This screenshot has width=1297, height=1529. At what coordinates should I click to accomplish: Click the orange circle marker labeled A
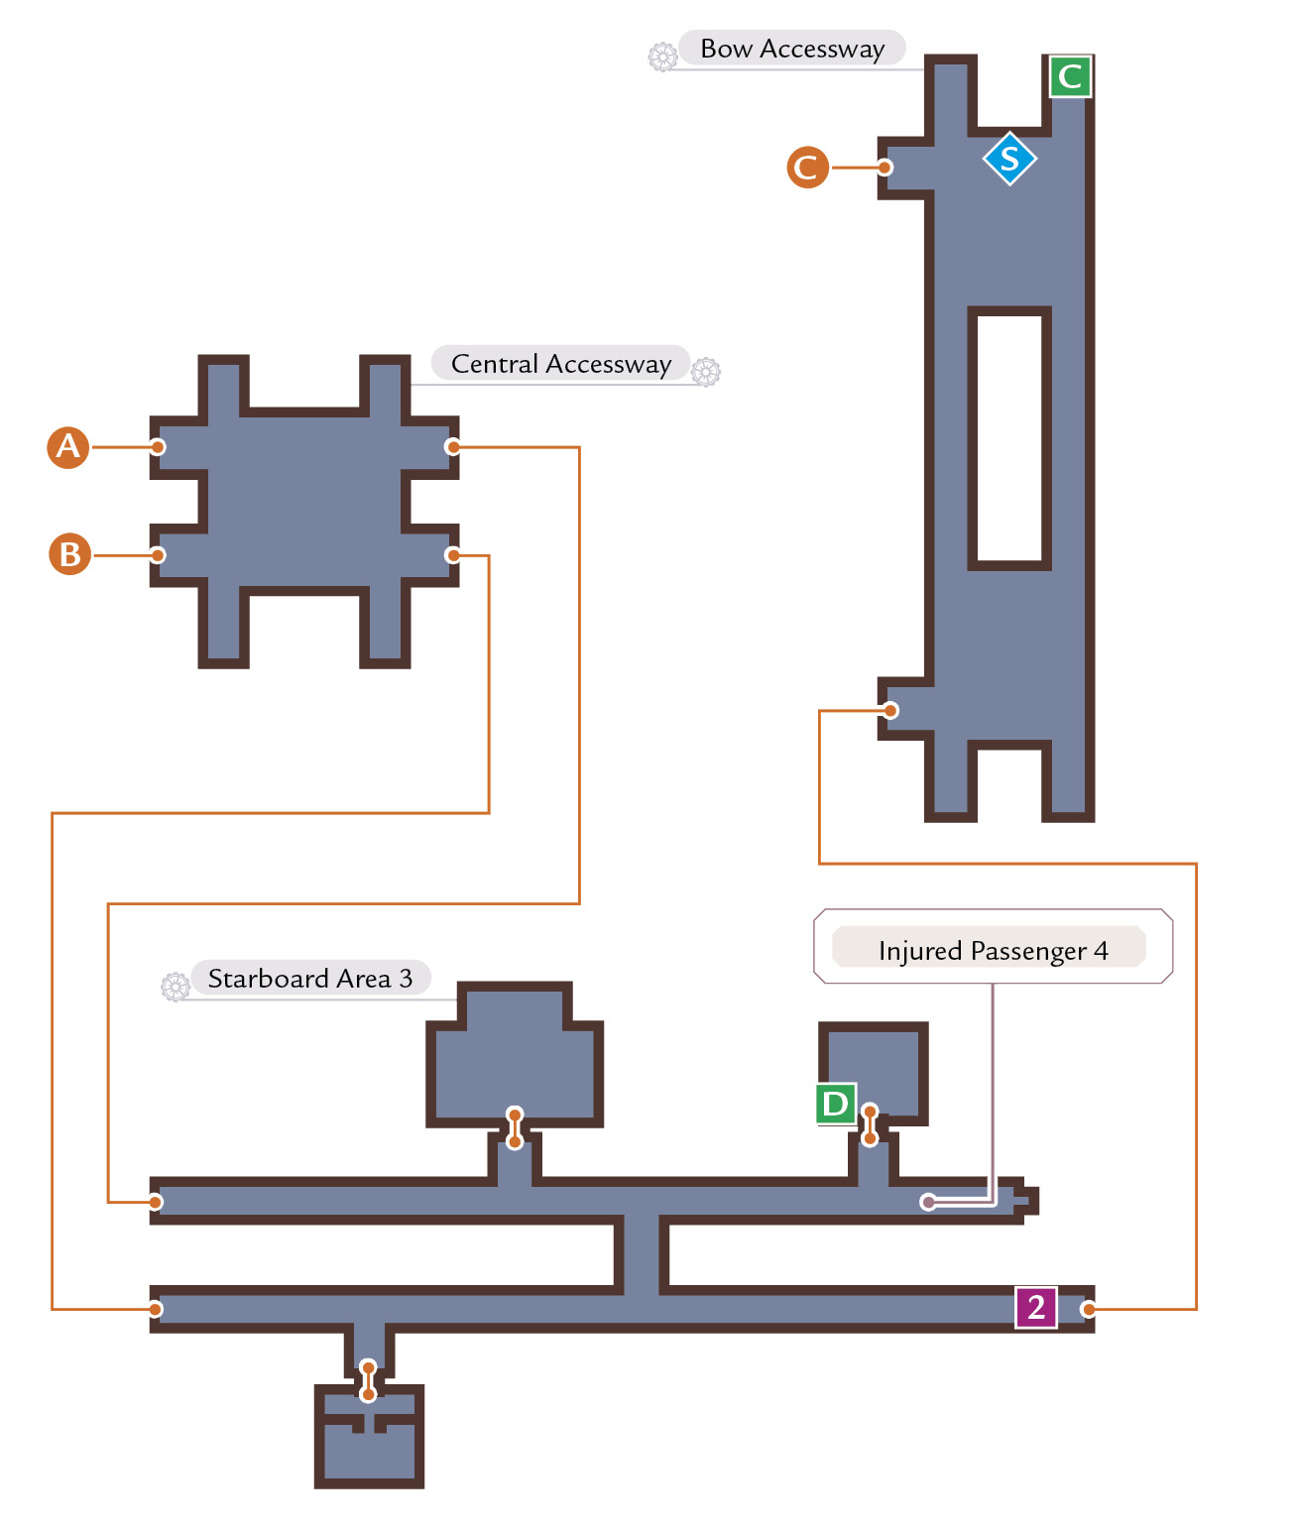click(x=68, y=447)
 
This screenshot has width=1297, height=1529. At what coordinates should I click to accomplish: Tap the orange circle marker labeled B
click(x=70, y=554)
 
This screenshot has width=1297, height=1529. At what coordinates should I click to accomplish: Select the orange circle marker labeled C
click(x=807, y=168)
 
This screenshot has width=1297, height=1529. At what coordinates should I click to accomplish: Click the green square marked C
click(x=1070, y=76)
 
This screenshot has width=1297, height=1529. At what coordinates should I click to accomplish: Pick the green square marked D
click(x=836, y=1104)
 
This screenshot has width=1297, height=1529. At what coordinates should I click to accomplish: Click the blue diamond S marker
click(x=1009, y=159)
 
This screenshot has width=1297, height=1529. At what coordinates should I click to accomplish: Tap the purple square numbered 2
click(x=1036, y=1308)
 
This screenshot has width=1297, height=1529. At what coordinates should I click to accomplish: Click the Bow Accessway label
click(x=791, y=49)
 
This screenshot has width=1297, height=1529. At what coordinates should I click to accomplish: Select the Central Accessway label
click(x=561, y=364)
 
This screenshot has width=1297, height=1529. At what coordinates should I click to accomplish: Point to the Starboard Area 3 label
click(x=310, y=978)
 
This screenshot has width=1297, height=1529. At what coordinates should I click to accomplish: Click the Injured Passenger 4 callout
click(x=993, y=947)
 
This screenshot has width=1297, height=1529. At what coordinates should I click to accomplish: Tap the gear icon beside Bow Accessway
click(x=662, y=57)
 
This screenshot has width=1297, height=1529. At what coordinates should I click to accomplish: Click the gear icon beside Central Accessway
click(x=706, y=371)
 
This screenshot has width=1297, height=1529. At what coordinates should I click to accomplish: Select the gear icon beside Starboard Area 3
click(x=176, y=986)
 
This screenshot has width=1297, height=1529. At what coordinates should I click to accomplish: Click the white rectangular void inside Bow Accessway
click(x=1009, y=438)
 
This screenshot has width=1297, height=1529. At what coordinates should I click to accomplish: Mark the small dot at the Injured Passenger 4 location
click(x=928, y=1202)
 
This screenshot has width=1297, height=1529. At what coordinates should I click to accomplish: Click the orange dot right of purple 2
click(x=1088, y=1309)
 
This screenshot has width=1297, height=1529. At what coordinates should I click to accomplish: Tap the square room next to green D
click(x=873, y=1074)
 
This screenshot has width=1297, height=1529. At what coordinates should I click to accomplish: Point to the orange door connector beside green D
click(x=870, y=1125)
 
